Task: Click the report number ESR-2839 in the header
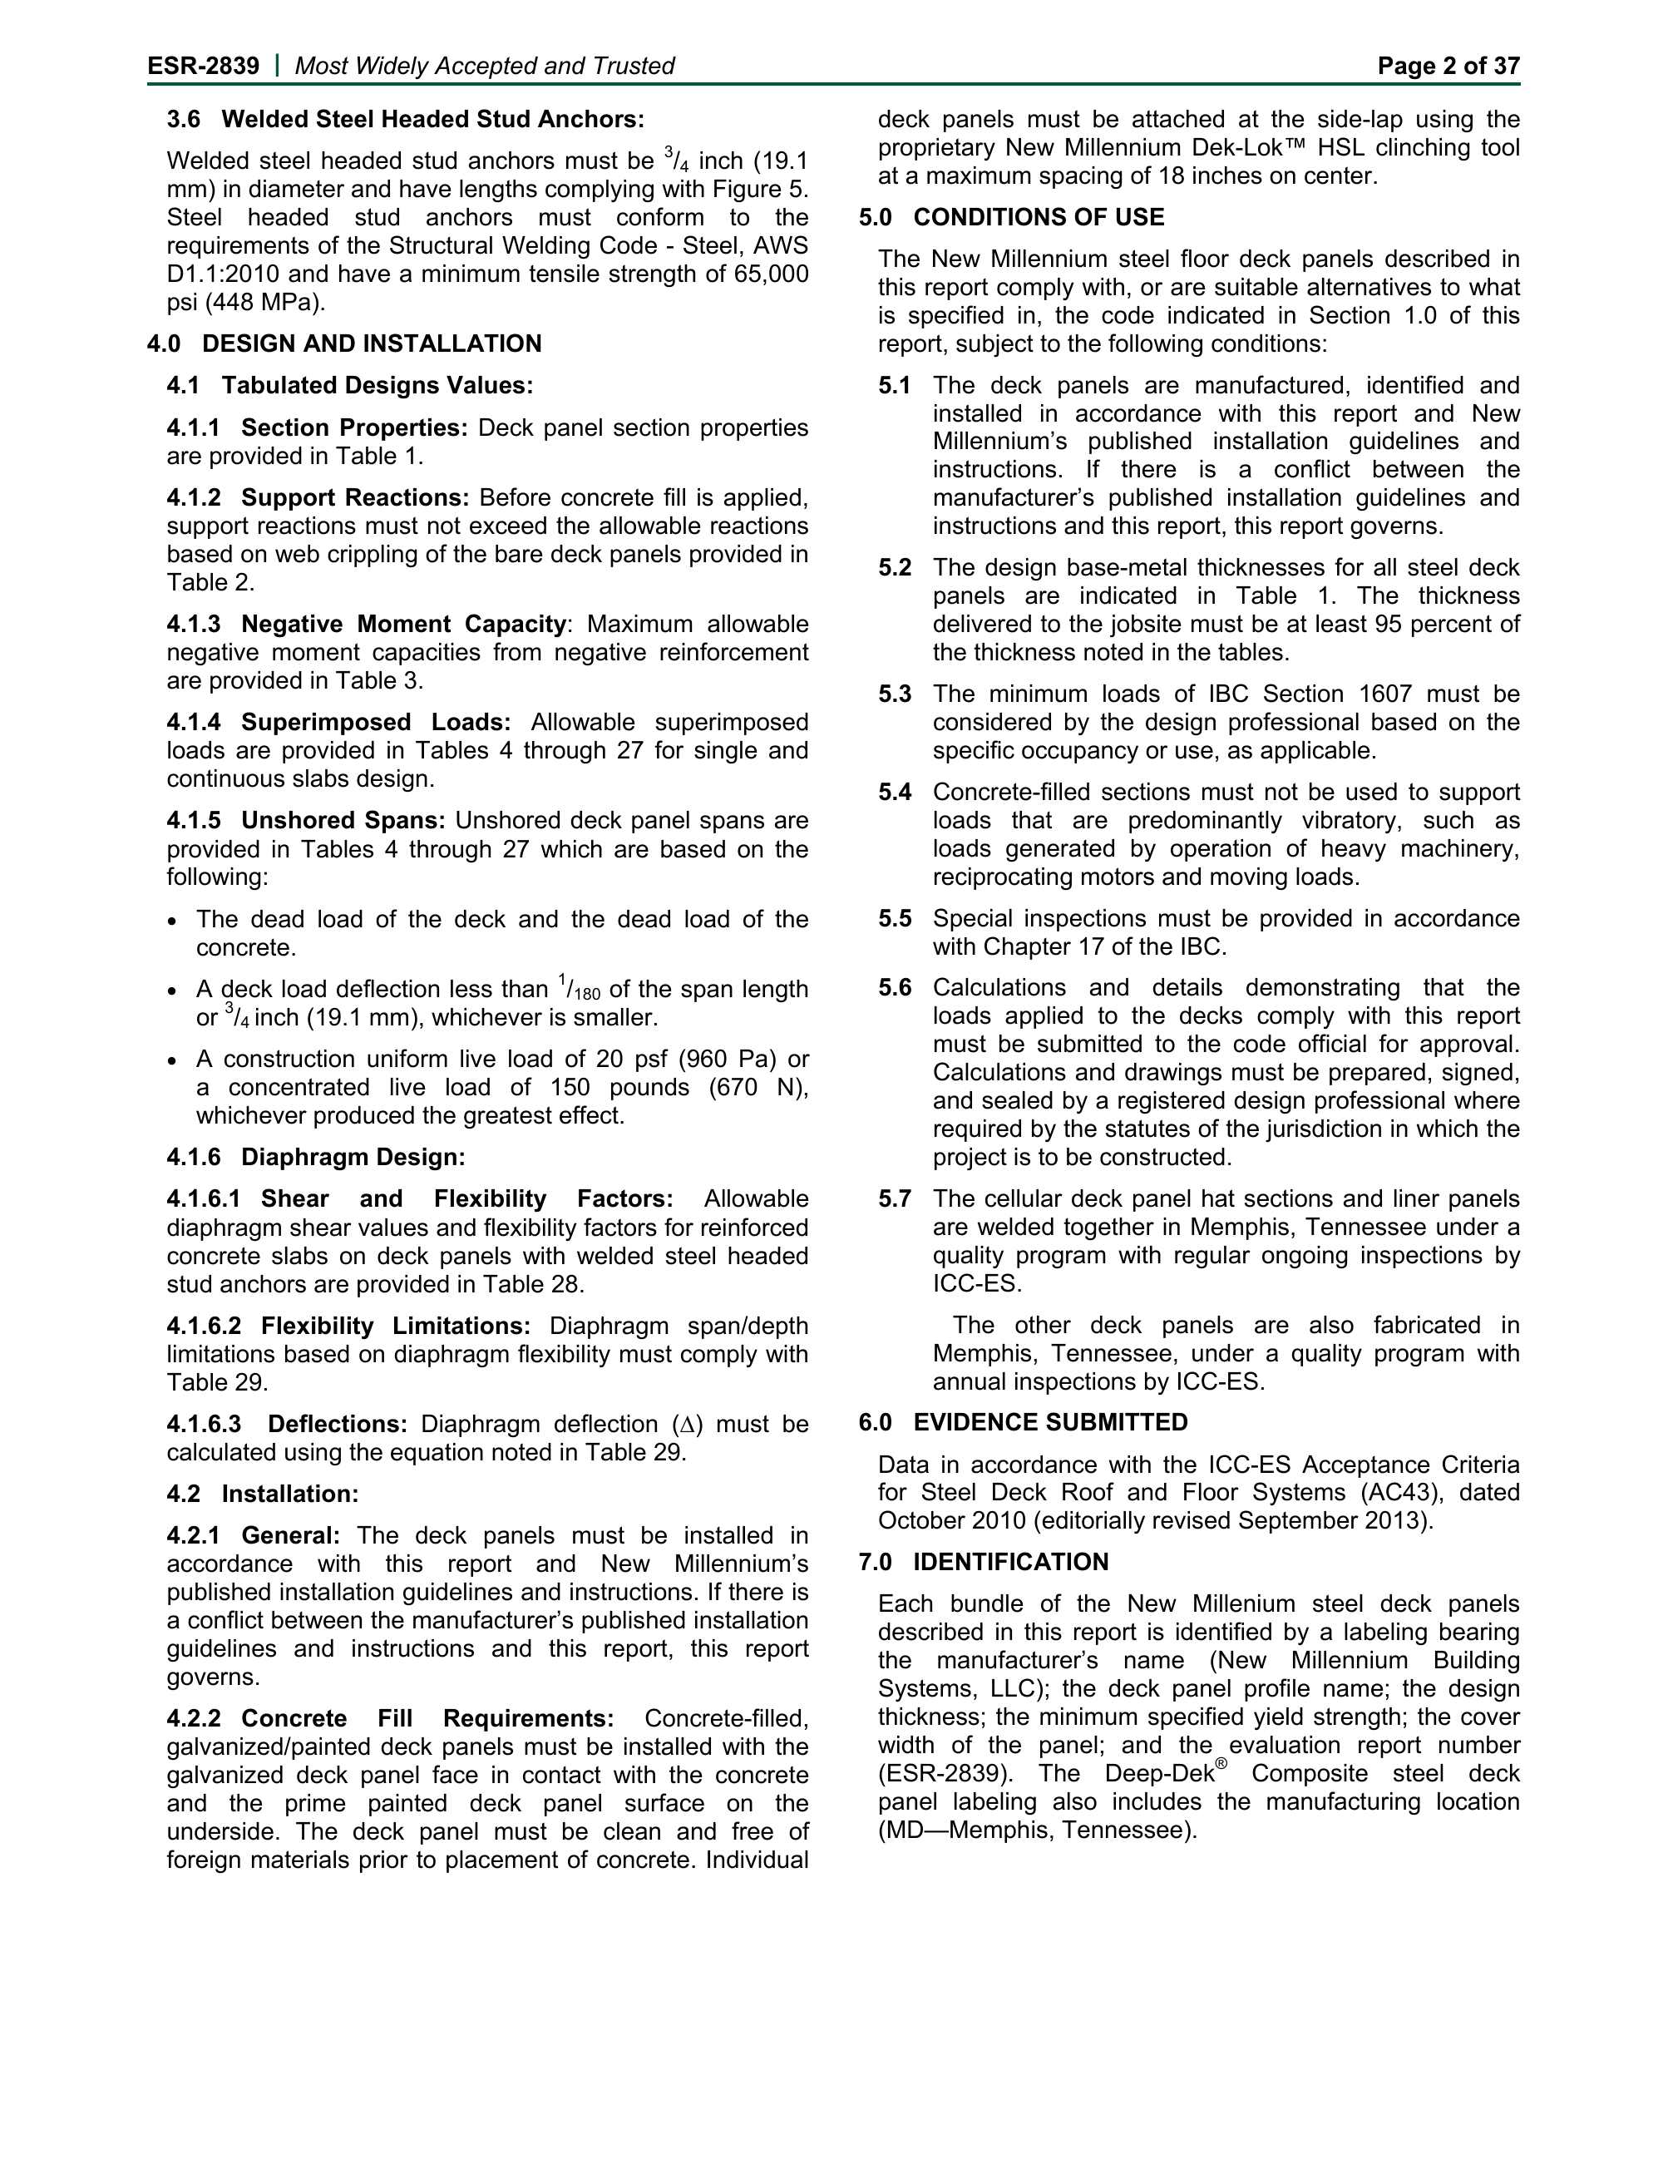[x=203, y=67]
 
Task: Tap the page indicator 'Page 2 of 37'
[x=1448, y=67]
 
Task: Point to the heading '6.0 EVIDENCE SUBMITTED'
[x=1023, y=1422]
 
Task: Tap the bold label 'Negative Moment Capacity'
[x=403, y=624]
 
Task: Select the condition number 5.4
[x=894, y=792]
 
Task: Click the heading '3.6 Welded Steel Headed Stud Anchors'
[x=405, y=120]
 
